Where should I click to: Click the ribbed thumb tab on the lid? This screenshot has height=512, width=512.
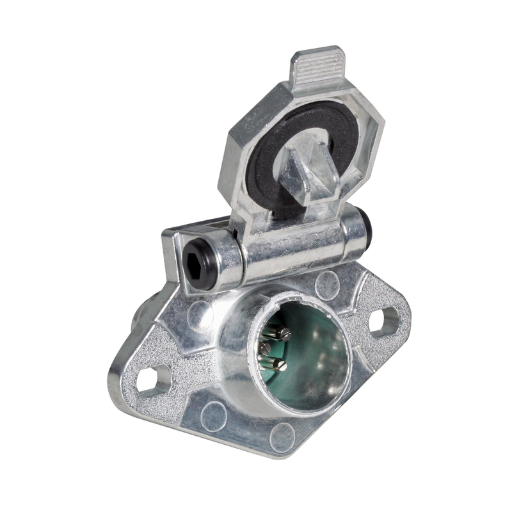click(317, 66)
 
